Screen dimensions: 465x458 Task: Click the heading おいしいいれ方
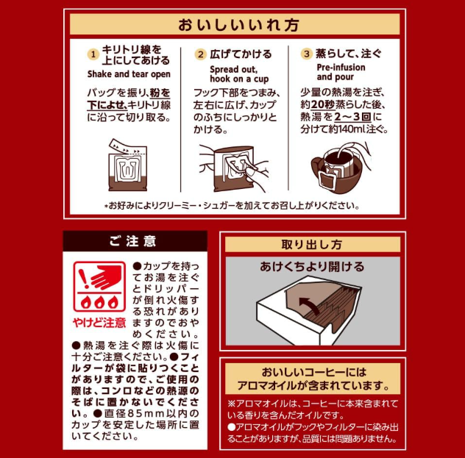tap(238, 25)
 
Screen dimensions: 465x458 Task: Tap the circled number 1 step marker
tap(93, 54)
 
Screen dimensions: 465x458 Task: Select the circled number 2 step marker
tap(201, 54)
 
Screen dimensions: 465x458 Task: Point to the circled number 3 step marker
tap(307, 54)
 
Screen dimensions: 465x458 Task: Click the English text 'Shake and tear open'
tap(129, 74)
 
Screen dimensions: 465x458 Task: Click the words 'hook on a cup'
tap(239, 79)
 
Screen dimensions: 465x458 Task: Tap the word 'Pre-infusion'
tap(341, 67)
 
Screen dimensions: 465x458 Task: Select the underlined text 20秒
tap(323, 104)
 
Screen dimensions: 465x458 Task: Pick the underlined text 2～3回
tap(353, 117)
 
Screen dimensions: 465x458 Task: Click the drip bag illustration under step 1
tap(128, 165)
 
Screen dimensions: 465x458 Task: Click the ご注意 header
tap(132, 241)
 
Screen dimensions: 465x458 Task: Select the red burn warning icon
tap(99, 286)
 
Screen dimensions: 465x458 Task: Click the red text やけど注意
tap(99, 323)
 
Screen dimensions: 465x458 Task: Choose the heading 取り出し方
tap(312, 245)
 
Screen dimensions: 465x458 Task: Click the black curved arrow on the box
tap(309, 305)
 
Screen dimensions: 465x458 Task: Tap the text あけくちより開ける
tap(312, 267)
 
